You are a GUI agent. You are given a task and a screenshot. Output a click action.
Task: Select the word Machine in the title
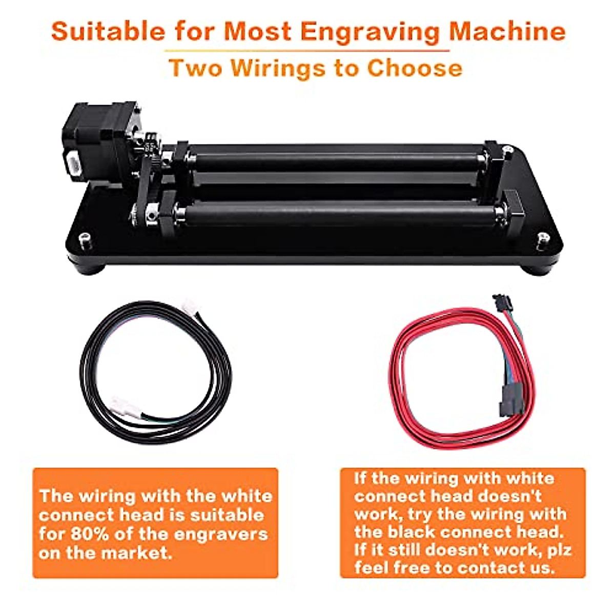click(507, 32)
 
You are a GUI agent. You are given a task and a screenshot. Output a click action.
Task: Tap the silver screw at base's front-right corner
click(542, 237)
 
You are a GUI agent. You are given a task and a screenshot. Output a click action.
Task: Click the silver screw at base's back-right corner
click(507, 149)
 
